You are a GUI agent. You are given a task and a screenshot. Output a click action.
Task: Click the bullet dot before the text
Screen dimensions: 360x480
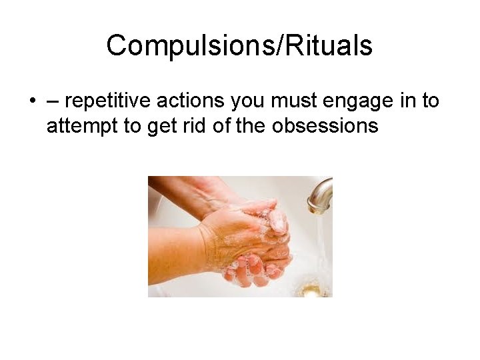32,101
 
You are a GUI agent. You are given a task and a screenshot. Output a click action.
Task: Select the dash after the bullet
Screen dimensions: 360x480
52,101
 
